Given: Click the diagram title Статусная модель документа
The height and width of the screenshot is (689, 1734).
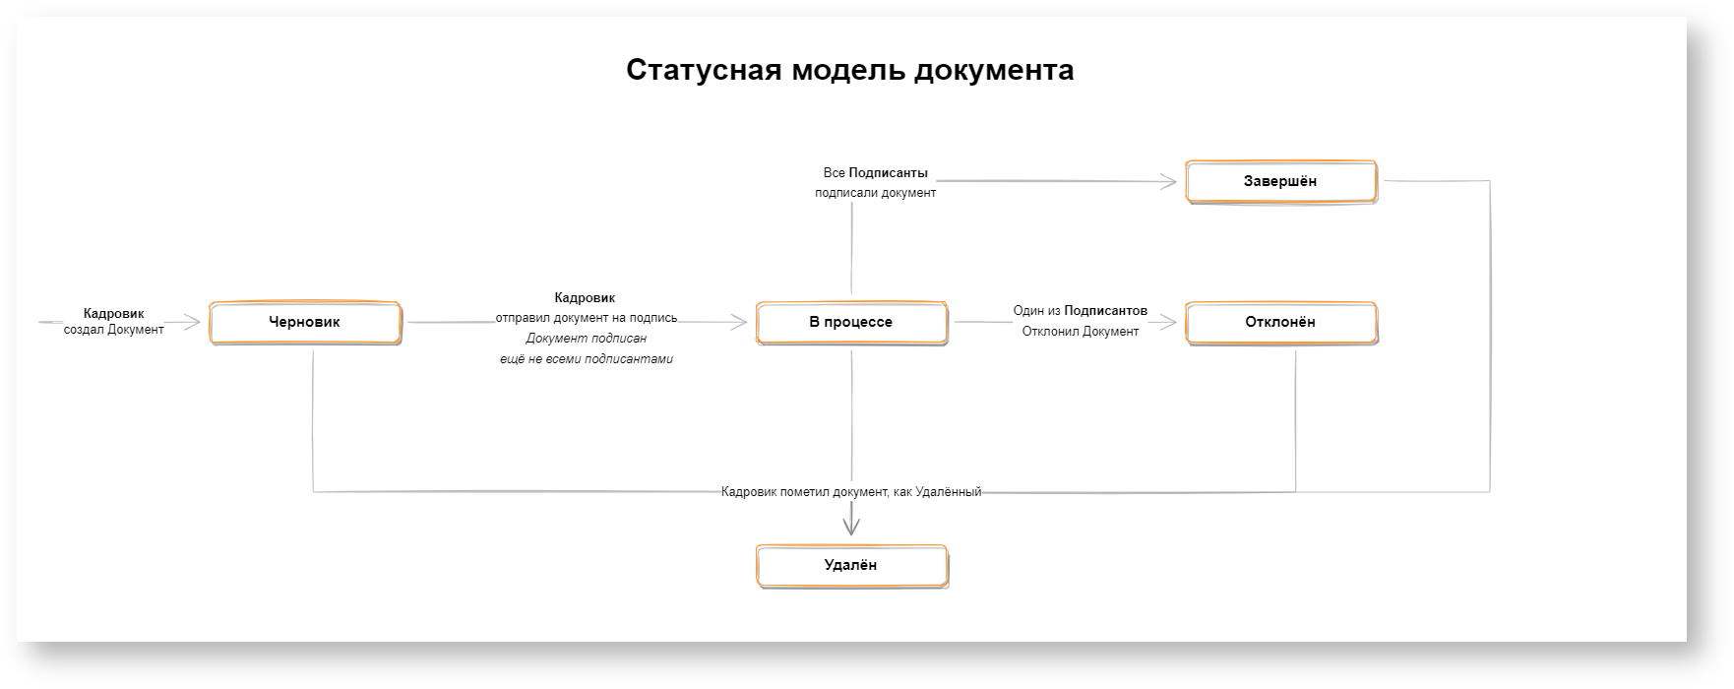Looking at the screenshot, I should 849,71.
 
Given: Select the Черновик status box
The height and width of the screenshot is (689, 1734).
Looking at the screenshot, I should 305,322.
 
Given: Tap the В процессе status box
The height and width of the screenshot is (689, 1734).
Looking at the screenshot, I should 851,322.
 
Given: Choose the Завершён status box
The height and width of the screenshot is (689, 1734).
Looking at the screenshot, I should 1280,181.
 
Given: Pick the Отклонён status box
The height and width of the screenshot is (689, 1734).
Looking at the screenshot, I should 1280,322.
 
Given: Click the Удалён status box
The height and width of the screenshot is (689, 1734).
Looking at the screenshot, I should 851,565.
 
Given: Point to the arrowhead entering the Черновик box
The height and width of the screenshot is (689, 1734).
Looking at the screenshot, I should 194,322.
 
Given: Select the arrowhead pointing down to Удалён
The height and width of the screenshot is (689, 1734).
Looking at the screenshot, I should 851,527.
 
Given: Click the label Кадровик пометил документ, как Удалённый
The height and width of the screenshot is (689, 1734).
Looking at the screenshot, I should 851,492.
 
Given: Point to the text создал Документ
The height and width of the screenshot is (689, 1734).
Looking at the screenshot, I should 114,330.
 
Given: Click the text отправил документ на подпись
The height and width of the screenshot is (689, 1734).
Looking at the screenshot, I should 587,318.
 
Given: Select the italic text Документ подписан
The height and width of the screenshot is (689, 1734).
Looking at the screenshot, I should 587,339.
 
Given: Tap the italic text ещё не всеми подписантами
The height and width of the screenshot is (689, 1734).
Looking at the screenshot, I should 587,359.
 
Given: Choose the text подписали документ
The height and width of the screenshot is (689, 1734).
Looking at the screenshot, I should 876,193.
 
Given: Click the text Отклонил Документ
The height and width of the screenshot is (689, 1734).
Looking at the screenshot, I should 1081,332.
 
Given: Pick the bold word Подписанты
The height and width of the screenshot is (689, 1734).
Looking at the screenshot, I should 889,173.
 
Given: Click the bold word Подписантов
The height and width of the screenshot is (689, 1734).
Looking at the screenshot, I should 1106,311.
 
